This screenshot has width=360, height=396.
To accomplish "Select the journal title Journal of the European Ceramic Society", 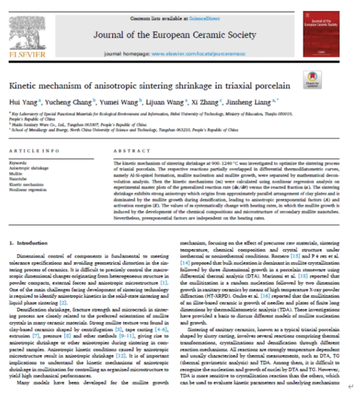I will [174, 35].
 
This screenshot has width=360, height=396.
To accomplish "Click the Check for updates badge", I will [312, 80].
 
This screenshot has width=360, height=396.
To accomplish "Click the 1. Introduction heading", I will [28, 243].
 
